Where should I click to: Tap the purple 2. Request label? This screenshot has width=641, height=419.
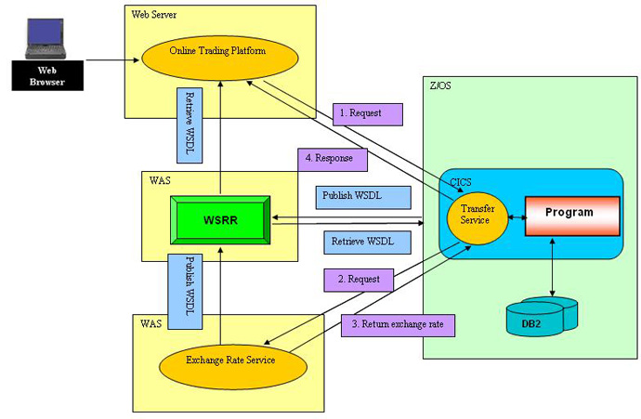(359, 278)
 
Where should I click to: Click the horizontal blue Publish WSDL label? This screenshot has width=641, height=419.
(351, 197)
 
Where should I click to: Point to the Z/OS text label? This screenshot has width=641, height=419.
(439, 85)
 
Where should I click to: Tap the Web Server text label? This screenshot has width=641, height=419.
(155, 16)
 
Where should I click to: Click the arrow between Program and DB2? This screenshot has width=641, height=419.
(554, 269)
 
